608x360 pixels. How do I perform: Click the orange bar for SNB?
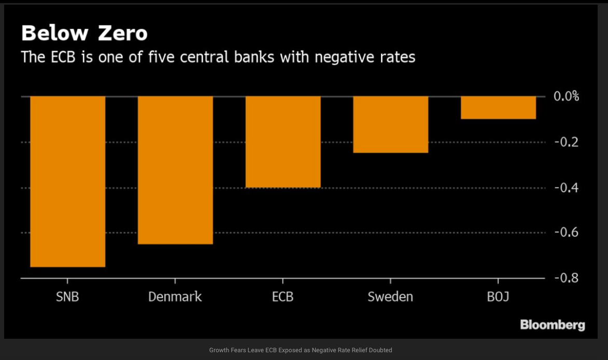tap(68, 181)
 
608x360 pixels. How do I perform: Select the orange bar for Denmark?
tap(175, 170)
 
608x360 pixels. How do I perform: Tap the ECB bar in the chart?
tap(283, 141)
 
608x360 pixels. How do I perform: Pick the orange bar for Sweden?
tap(391, 124)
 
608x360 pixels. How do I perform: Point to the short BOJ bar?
tap(498, 108)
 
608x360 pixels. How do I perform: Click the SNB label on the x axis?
tap(67, 297)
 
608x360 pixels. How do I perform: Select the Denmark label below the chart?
tap(175, 297)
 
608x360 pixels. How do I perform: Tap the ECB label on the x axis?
tap(282, 297)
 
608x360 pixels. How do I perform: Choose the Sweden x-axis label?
tap(390, 297)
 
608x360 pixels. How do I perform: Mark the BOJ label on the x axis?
tap(498, 297)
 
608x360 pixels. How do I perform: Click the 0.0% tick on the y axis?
tap(567, 96)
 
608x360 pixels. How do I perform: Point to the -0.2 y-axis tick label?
tap(567, 142)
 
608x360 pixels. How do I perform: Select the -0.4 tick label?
tap(567, 188)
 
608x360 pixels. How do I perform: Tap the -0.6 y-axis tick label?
tap(567, 233)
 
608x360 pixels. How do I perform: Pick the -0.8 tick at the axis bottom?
tap(567, 279)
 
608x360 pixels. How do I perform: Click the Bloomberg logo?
tap(553, 325)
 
